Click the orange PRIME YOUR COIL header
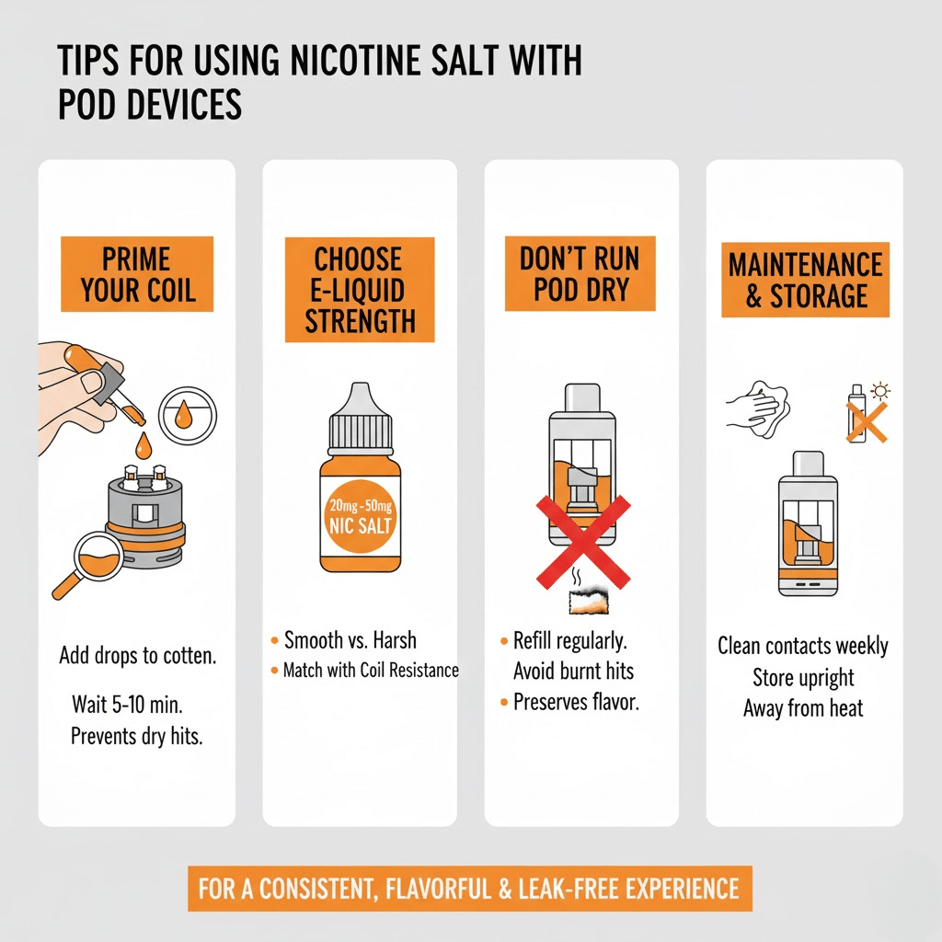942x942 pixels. pos(137,274)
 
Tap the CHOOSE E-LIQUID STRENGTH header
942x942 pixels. pos(360,290)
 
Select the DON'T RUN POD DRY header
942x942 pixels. pos(580,273)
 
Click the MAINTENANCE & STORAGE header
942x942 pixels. pos(805,280)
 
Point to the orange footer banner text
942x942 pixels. pos(470,889)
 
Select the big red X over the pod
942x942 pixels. pos(582,542)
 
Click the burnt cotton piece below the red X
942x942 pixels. pos(585,602)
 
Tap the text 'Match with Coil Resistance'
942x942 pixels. pos(370,670)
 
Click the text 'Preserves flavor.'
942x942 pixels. pos(576,702)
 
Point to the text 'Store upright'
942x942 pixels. pos(803,678)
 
